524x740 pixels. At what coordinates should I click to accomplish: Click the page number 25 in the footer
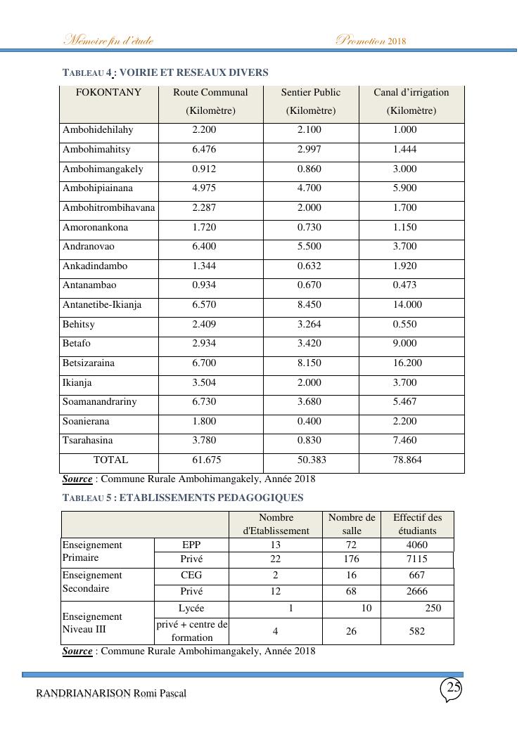pos(453,688)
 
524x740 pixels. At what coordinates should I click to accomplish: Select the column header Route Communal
pos(210,93)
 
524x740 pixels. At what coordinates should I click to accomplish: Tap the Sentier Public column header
pos(310,93)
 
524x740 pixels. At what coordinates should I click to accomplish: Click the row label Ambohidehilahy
pos(98,130)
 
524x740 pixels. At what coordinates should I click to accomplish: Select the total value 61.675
pos(204,460)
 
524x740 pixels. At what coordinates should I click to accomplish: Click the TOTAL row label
pos(110,460)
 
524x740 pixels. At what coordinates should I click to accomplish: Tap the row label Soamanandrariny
pos(100,402)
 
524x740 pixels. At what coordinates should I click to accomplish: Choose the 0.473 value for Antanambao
pos(404,285)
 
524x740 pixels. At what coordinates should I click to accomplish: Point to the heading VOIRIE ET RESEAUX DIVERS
pos(199,72)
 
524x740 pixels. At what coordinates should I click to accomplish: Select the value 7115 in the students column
pos(417,559)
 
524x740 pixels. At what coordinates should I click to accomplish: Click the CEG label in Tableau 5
pos(191,576)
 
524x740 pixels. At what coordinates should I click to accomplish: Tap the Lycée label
pos(191,609)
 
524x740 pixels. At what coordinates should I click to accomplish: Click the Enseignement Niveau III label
pos(92,623)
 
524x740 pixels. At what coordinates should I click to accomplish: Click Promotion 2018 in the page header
pos(371,40)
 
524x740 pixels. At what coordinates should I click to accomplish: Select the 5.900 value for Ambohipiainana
pos(404,188)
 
